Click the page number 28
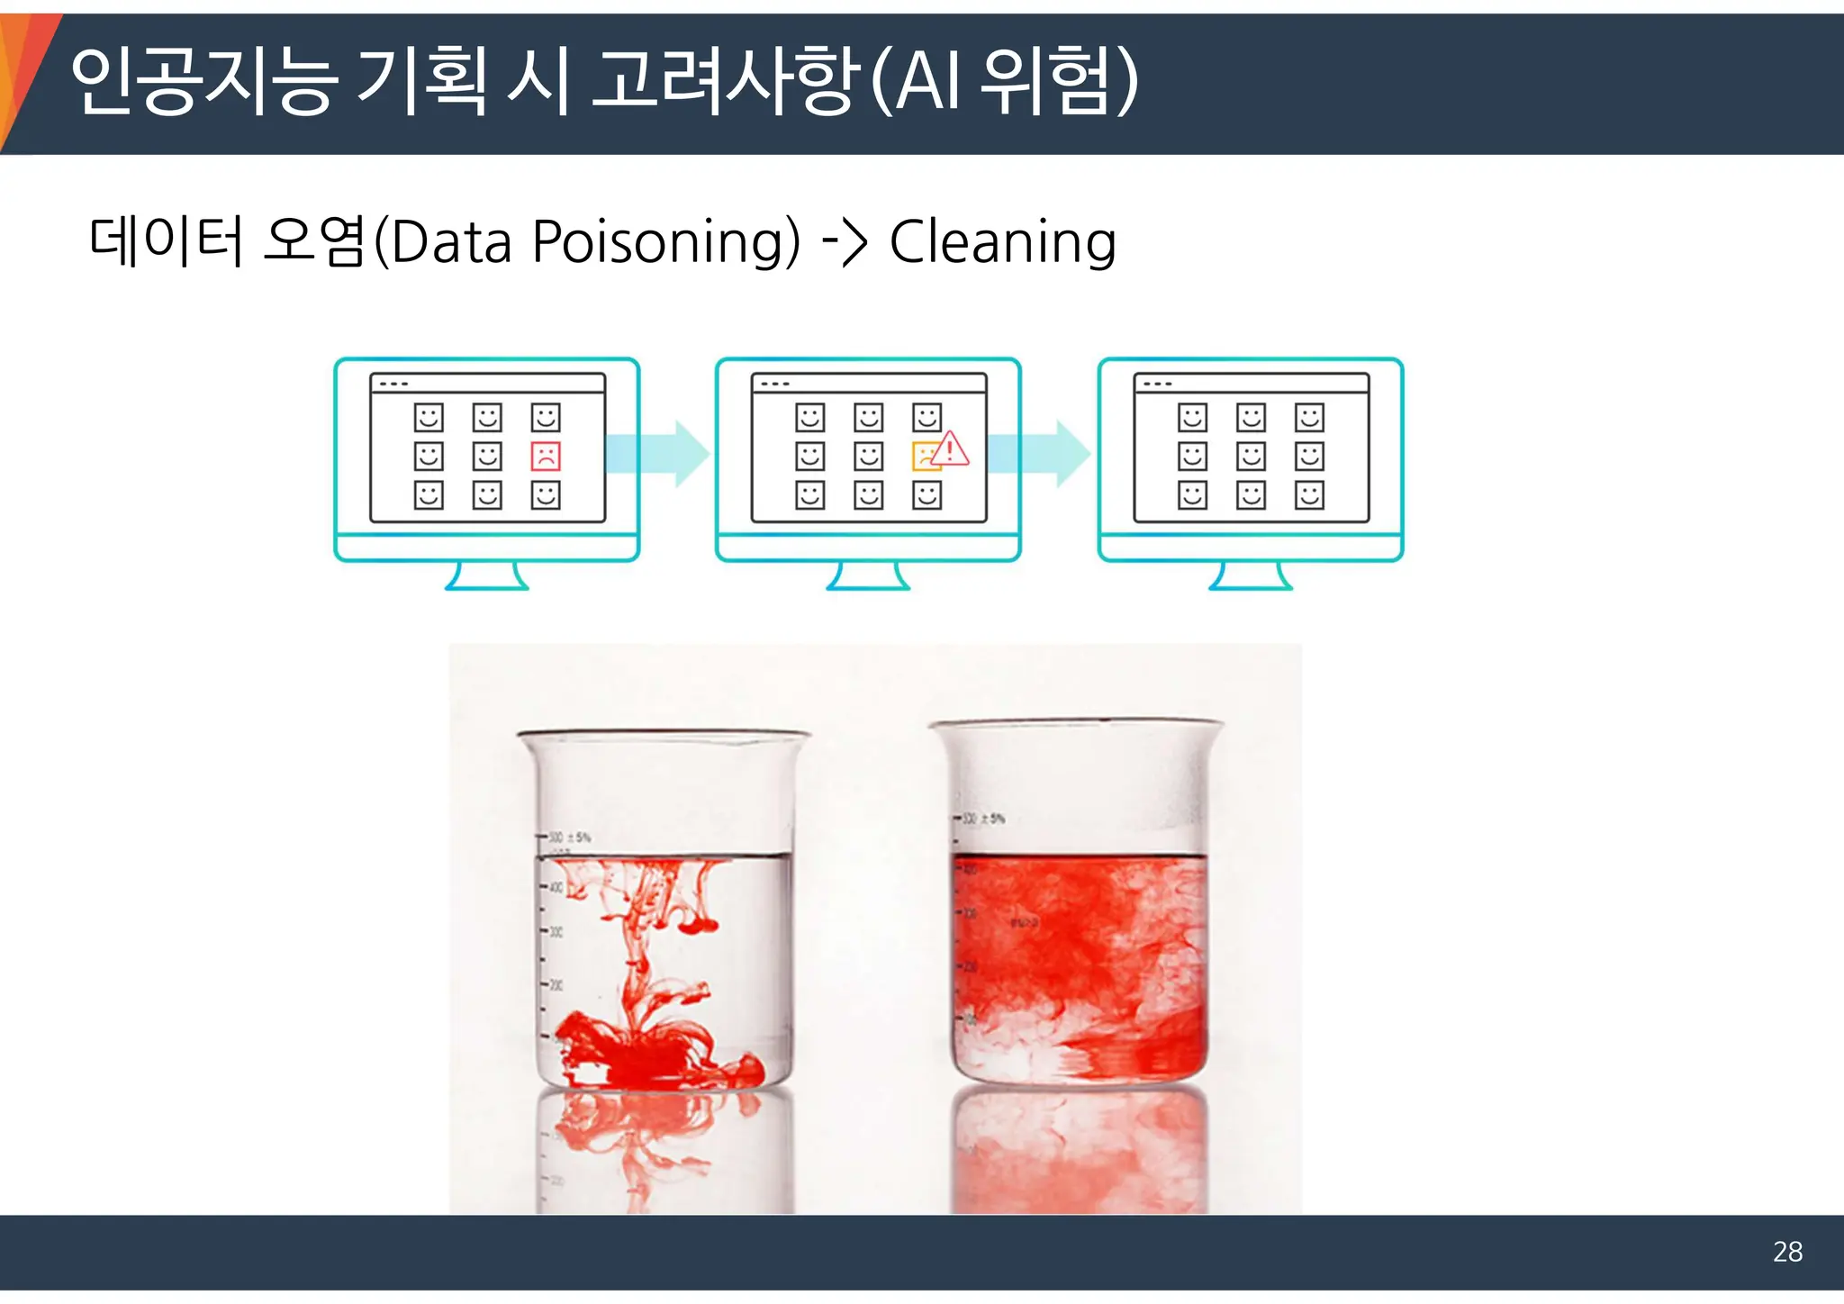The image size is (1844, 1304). (1787, 1252)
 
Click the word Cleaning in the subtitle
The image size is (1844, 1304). (1003, 242)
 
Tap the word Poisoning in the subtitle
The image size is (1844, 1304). (665, 242)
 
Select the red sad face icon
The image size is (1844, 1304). (546, 457)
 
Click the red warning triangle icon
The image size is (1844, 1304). (950, 448)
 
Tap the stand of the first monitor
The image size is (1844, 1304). (486, 575)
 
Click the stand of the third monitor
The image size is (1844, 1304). (1250, 575)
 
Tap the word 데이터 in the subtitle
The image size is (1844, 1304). (167, 242)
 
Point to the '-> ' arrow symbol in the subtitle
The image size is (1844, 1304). (845, 242)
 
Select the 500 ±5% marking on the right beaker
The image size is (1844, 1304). (983, 819)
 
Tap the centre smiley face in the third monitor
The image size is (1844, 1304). (1251, 457)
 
